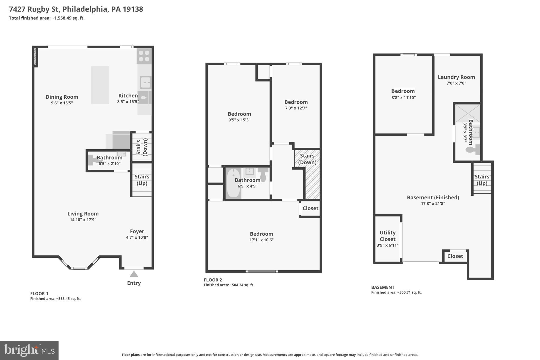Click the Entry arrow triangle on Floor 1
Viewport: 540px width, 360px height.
pyautogui.click(x=134, y=274)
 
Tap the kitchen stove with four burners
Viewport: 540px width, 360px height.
pyautogui.click(x=144, y=56)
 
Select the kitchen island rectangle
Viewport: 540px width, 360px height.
pyautogui.click(x=100, y=85)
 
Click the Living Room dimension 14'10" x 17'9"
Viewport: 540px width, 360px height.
pyautogui.click(x=83, y=220)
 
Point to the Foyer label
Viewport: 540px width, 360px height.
pyautogui.click(x=137, y=231)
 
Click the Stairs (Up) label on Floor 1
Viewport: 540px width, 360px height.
pyautogui.click(x=142, y=180)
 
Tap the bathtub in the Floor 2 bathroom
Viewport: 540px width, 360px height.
pyautogui.click(x=233, y=183)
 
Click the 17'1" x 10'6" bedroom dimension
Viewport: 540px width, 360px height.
pyautogui.click(x=261, y=240)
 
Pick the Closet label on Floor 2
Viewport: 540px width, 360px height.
pyautogui.click(x=310, y=208)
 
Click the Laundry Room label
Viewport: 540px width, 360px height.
pyautogui.click(x=456, y=77)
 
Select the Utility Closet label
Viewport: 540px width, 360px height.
pyautogui.click(x=387, y=236)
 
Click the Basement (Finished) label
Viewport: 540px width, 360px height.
pyautogui.click(x=433, y=197)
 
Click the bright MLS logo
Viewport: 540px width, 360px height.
pyautogui.click(x=29, y=350)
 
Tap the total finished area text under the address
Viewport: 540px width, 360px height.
pyautogui.click(x=47, y=18)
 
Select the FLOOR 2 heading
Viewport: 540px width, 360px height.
pyautogui.click(x=213, y=280)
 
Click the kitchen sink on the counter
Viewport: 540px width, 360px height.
pyautogui.click(x=145, y=83)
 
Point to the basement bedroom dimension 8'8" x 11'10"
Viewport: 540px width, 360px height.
pyautogui.click(x=403, y=98)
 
